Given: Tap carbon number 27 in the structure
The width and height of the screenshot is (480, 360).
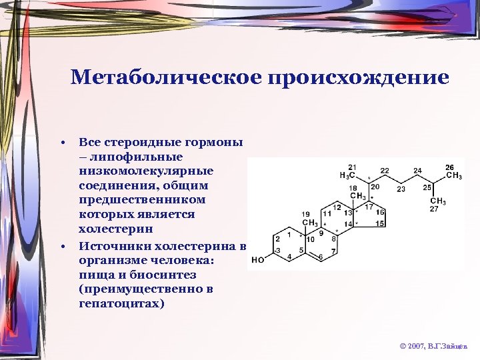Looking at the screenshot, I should click(x=434, y=209).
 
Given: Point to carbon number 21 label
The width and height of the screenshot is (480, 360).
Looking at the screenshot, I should click(x=353, y=167).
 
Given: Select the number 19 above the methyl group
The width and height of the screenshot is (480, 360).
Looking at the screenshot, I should click(x=306, y=215).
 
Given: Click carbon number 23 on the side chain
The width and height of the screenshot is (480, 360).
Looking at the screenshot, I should click(x=401, y=189).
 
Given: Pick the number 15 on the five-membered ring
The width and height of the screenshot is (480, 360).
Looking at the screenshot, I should click(x=381, y=223).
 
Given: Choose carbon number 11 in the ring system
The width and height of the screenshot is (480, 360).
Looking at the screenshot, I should click(x=327, y=214).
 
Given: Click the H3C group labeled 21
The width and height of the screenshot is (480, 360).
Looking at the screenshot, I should click(x=347, y=175).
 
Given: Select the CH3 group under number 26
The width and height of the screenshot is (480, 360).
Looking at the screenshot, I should click(x=453, y=175).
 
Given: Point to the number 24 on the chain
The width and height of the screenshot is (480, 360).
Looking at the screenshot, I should click(x=417, y=171).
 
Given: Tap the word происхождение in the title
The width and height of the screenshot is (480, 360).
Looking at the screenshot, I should click(x=357, y=78).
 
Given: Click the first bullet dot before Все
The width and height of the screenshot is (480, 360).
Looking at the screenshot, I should click(x=61, y=143).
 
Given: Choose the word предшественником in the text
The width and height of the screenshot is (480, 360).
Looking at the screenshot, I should click(x=133, y=200).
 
